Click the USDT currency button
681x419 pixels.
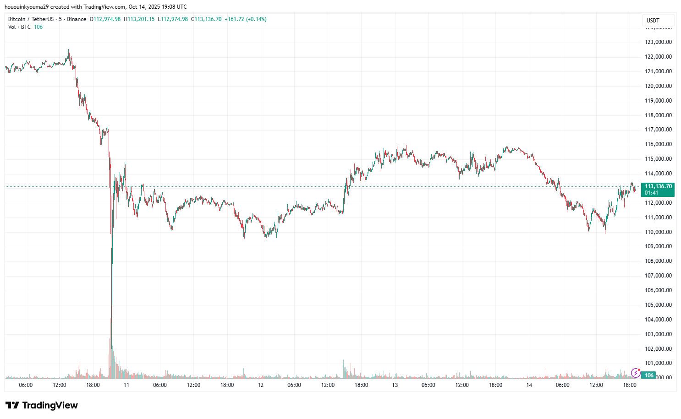pyautogui.click(x=653, y=20)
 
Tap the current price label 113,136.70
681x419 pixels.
pyautogui.click(x=658, y=186)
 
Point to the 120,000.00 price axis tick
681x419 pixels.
pyautogui.click(x=658, y=86)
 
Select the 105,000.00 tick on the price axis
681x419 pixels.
pyautogui.click(x=658, y=305)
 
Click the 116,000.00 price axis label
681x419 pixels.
pyautogui.click(x=658, y=144)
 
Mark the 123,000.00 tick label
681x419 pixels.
pyautogui.click(x=658, y=42)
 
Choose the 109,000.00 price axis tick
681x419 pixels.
pyautogui.click(x=658, y=246)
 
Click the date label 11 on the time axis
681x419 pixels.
pyautogui.click(x=126, y=385)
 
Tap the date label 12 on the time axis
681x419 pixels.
pyautogui.click(x=261, y=385)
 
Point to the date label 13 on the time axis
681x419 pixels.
pyautogui.click(x=395, y=385)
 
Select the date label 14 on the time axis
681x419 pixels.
pyautogui.click(x=529, y=385)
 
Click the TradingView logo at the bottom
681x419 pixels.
pyautogui.click(x=42, y=405)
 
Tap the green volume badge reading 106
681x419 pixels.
pyautogui.click(x=649, y=375)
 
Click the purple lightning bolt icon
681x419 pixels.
pyautogui.click(x=635, y=373)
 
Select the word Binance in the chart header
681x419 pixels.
pyautogui.click(x=77, y=19)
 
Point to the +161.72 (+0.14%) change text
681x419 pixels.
pyautogui.click(x=246, y=19)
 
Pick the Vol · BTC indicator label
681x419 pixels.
pyautogui.click(x=19, y=27)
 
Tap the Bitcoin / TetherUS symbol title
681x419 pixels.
pyautogui.click(x=31, y=19)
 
